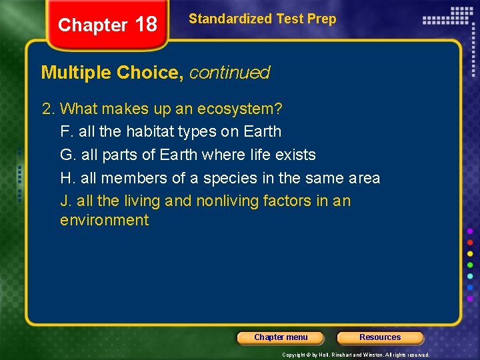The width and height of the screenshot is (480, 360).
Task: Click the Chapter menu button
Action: click(x=281, y=337)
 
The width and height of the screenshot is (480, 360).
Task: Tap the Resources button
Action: click(x=380, y=337)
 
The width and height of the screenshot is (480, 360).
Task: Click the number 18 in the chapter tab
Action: click(x=146, y=25)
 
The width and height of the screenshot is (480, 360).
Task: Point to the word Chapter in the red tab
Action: click(x=93, y=25)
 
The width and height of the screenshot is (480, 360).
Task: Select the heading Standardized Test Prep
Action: click(x=262, y=19)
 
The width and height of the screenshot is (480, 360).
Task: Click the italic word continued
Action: click(x=229, y=73)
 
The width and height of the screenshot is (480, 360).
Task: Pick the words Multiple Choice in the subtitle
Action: click(x=113, y=73)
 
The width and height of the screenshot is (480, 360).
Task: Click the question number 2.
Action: click(x=47, y=108)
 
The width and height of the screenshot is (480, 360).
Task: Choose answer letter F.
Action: click(x=65, y=131)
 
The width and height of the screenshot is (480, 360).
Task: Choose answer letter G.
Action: click(x=66, y=155)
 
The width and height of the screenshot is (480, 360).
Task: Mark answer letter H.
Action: click(x=66, y=178)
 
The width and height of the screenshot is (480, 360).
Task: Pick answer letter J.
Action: click(x=65, y=201)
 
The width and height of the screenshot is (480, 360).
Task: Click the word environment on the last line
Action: click(x=104, y=221)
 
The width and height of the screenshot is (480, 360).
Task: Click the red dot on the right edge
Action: click(x=470, y=242)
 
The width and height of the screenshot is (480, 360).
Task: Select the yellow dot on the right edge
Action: click(x=470, y=253)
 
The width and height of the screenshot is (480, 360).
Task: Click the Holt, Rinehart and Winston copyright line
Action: click(x=355, y=355)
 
